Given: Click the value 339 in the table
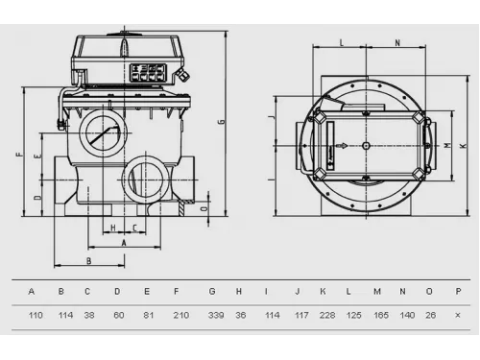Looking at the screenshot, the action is tap(216, 315).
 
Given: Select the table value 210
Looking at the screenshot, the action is tap(181, 315).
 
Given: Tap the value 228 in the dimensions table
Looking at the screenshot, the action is tap(327, 315).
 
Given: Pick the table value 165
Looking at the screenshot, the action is tap(381, 315).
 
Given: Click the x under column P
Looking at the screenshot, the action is tap(458, 316).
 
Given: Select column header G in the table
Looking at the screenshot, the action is tap(212, 292).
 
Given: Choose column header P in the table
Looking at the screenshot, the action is tap(458, 292).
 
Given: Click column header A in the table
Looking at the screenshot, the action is tap(32, 292).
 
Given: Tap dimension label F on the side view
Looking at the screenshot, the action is tap(20, 155).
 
